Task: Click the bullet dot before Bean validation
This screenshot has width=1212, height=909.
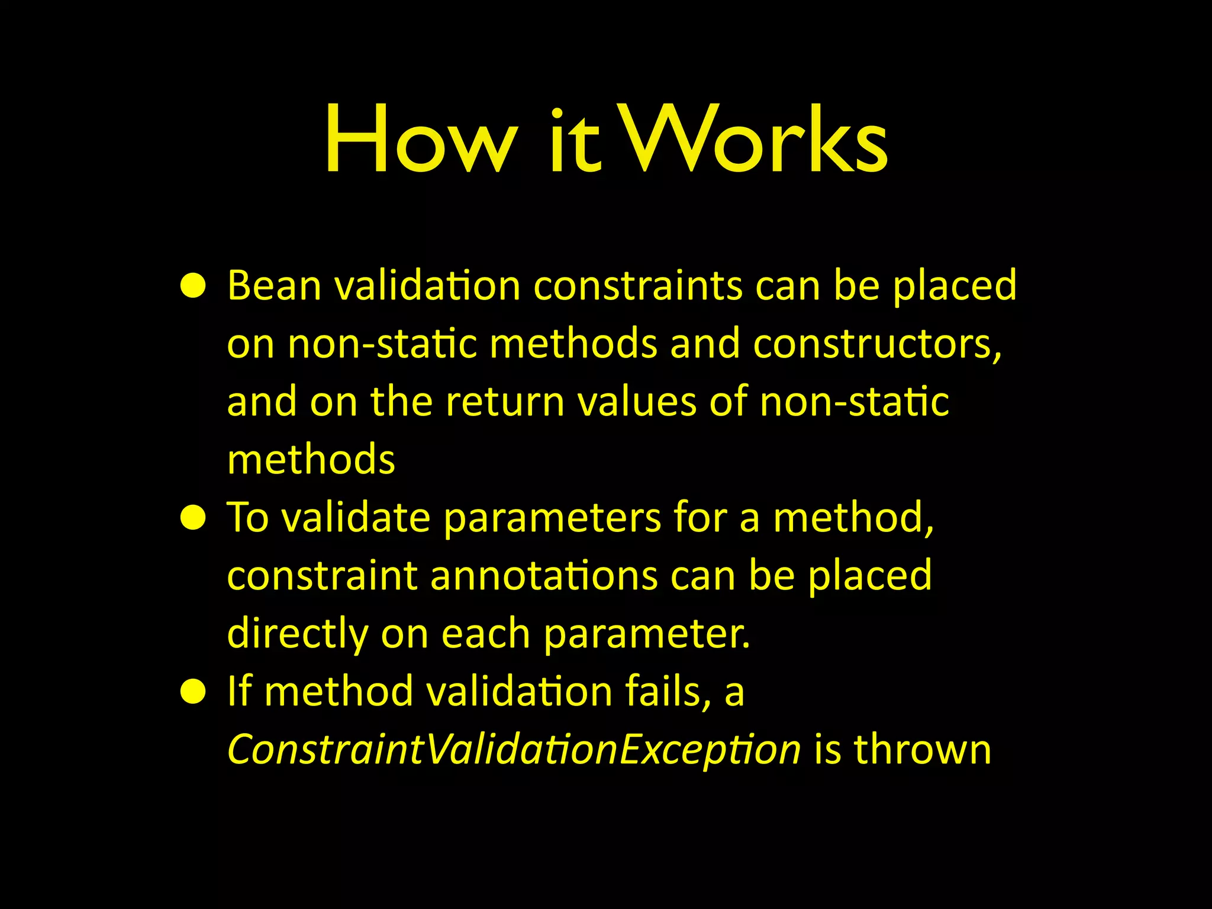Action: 193,287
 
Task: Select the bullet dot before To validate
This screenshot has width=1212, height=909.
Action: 193,519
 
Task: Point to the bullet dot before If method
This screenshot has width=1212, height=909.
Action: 193,693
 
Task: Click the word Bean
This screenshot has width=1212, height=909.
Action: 274,286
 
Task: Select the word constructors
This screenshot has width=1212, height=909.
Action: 878,344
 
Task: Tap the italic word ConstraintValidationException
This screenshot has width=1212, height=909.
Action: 514,751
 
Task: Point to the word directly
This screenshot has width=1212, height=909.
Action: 297,635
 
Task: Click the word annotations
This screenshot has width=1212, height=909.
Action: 544,576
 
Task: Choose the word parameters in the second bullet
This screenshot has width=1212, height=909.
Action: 552,519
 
